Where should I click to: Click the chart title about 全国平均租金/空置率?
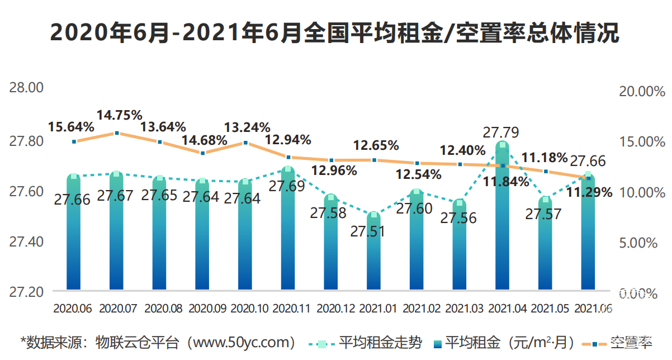335,33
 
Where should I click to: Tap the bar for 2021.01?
374,257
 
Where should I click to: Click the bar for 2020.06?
74,240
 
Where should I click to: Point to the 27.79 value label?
501,132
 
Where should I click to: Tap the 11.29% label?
589,193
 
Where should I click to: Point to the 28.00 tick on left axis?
26,88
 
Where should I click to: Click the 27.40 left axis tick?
26,242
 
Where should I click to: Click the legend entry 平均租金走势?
380,342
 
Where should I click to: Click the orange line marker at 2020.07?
117,133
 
